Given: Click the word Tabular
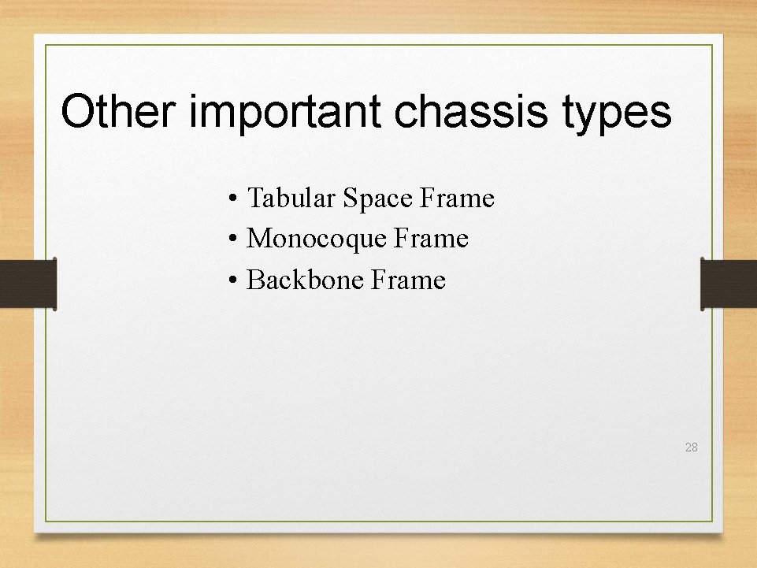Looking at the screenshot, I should tap(291, 198).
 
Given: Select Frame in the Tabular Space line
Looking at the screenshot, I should tap(457, 198).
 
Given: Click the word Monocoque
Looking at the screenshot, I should tap(317, 239).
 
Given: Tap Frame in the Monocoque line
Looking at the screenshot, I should tap(431, 239).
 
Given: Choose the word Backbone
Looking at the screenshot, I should tap(305, 280).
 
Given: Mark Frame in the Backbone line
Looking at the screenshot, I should tap(408, 280).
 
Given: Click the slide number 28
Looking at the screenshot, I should tap(691, 447).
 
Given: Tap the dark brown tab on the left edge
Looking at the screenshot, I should tap(28, 284).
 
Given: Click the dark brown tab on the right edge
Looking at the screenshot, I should tap(729, 284).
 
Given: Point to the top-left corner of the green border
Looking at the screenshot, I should tap(46, 46).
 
